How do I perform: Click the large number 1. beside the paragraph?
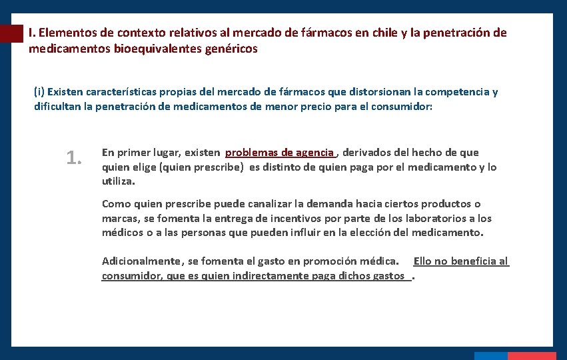(x=74, y=158)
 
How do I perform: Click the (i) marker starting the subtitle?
(x=39, y=92)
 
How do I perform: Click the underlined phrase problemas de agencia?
(x=280, y=153)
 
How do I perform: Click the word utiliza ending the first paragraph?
(x=118, y=181)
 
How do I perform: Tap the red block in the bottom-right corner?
(x=532, y=356)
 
